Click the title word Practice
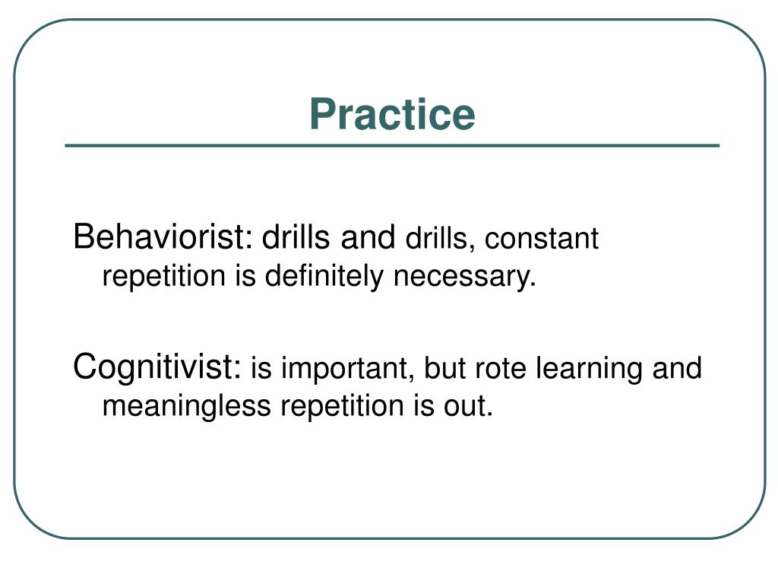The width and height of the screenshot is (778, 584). pyautogui.click(x=392, y=115)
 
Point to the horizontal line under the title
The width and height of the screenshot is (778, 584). pyautogui.click(x=392, y=145)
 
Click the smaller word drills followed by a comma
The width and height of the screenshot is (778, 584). pyautogui.click(x=439, y=240)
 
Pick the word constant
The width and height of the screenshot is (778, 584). pyautogui.click(x=542, y=240)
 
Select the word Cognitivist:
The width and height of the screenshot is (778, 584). pyautogui.click(x=157, y=368)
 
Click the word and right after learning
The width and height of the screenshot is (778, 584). pyautogui.click(x=678, y=369)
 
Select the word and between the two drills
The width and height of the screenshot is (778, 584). pyautogui.click(x=368, y=238)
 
